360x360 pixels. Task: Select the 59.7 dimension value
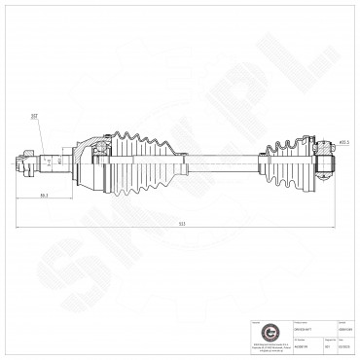pyautogui.click(x=45, y=197)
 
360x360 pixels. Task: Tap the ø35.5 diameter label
pyautogui.click(x=343, y=142)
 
